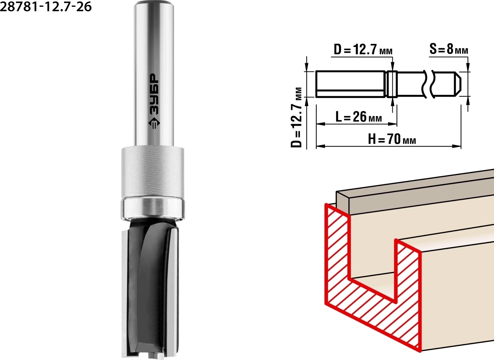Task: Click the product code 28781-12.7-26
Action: pos(46,7)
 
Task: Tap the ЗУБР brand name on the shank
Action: pos(154,94)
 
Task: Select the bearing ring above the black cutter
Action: pos(152,208)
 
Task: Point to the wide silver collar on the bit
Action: pos(152,172)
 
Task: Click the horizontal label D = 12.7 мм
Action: pos(363,50)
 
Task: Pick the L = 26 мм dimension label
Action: pos(359,117)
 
